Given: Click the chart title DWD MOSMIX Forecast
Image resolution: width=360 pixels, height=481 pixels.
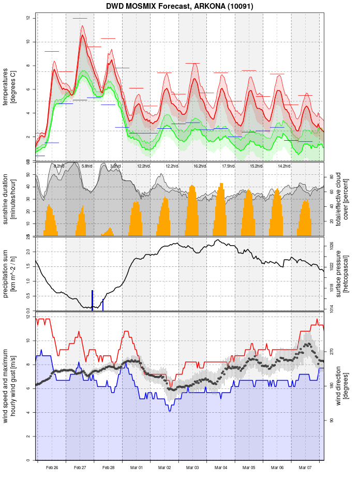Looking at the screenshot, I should (x=179, y=6).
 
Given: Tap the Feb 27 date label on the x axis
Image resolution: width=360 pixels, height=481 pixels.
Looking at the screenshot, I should (x=80, y=468).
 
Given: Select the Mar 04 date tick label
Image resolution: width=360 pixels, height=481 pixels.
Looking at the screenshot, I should (x=221, y=468).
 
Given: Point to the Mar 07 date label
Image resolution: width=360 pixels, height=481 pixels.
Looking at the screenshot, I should (x=305, y=468).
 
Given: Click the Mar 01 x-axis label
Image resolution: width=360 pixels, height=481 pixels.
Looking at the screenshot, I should (x=137, y=468).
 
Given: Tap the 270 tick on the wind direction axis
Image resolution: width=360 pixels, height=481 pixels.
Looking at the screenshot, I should (x=332, y=351).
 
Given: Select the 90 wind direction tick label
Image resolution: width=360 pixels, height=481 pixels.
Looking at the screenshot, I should (x=332, y=420).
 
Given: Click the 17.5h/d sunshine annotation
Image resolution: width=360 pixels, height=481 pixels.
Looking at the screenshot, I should (x=228, y=166).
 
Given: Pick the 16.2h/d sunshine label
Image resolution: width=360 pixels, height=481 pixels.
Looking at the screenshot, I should (x=200, y=166).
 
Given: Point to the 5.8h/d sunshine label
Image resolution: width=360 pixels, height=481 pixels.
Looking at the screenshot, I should (x=87, y=166).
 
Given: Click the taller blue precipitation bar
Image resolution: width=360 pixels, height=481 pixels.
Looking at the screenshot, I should (x=93, y=300).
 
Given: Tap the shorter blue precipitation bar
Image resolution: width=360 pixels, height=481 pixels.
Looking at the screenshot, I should (x=103, y=305).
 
